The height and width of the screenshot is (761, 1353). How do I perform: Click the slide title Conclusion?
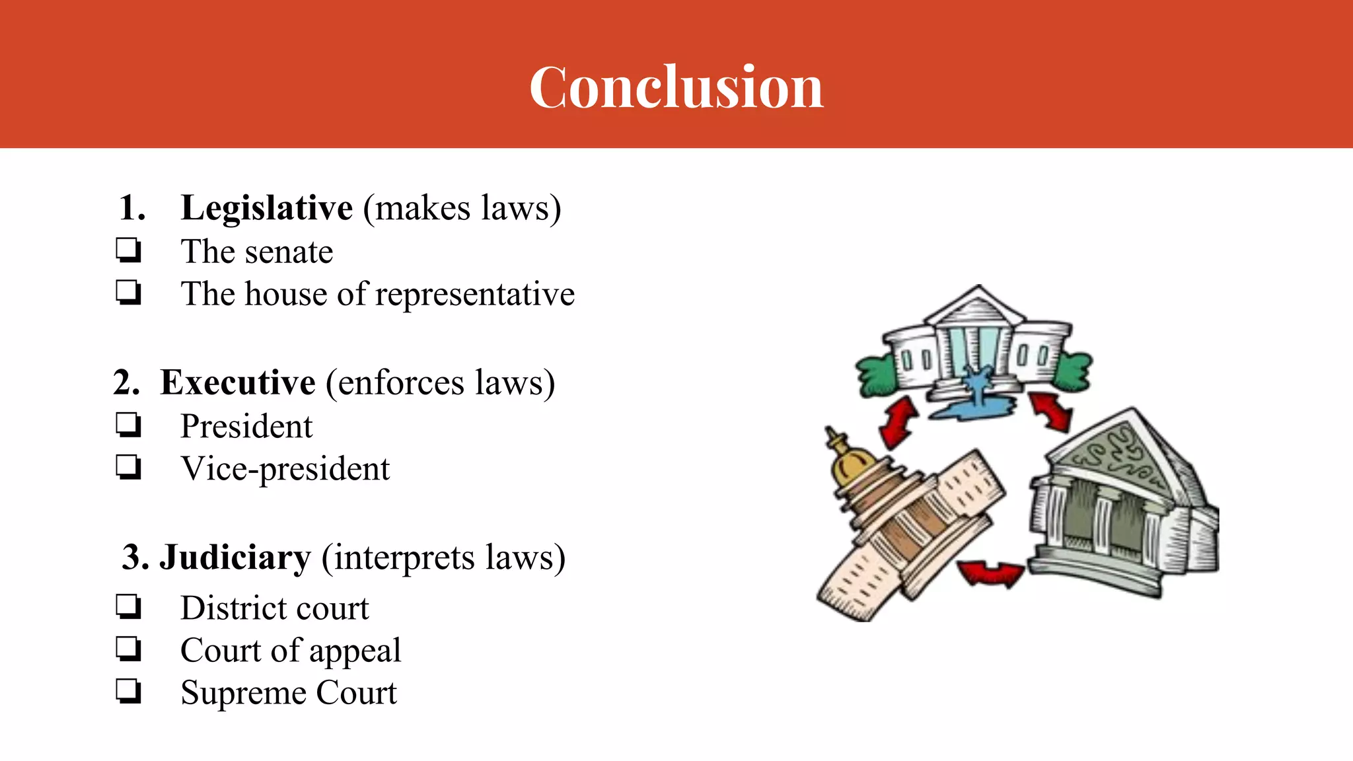click(x=676, y=87)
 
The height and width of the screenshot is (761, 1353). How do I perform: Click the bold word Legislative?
click(x=267, y=208)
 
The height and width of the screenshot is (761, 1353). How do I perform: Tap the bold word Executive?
click(x=238, y=382)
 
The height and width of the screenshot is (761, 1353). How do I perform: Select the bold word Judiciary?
click(x=235, y=558)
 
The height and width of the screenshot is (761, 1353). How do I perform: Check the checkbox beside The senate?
click(x=128, y=251)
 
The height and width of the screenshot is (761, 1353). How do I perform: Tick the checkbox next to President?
click(x=128, y=425)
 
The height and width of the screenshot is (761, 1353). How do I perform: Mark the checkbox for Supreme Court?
click(x=128, y=692)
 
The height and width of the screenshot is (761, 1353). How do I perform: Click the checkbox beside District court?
click(x=128, y=606)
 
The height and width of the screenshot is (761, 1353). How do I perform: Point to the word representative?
click(x=475, y=295)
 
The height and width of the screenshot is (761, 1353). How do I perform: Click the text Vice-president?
click(x=285, y=469)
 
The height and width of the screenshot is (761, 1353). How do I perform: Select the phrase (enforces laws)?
click(x=440, y=383)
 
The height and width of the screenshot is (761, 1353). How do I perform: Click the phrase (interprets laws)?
click(x=443, y=558)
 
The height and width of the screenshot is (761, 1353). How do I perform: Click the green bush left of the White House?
click(x=875, y=375)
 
